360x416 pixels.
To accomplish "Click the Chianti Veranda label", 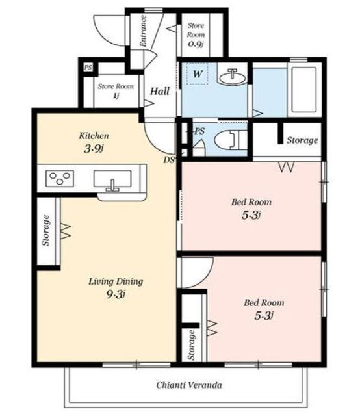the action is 189,385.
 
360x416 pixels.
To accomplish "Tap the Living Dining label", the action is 116,281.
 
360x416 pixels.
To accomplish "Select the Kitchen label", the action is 94,136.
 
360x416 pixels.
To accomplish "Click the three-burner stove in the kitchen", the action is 60,179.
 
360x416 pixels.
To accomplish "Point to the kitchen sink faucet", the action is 113,186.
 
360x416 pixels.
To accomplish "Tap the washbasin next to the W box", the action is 233,76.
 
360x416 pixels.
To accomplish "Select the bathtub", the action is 304,90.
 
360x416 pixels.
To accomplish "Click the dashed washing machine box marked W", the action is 197,73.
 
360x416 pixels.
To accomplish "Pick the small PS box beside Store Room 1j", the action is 88,68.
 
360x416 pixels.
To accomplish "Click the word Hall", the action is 160,91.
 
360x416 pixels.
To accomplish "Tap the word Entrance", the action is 143,31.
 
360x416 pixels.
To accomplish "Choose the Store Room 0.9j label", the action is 196,34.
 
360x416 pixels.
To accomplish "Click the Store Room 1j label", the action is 116,90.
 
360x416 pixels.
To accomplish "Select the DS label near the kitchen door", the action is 169,160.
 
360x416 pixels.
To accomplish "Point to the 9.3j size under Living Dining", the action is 116,294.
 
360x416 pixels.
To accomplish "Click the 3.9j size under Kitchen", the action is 94,149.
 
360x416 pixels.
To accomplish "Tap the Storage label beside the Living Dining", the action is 46,230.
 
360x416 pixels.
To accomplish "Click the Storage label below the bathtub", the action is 302,140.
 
